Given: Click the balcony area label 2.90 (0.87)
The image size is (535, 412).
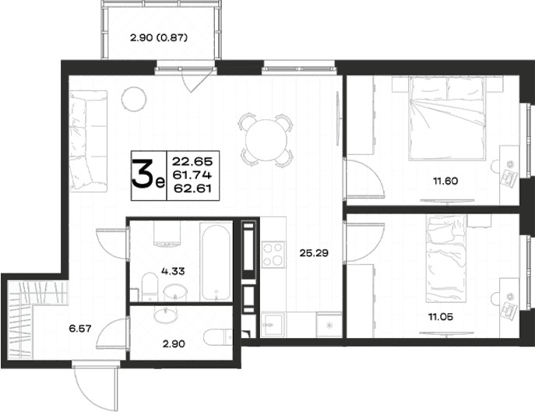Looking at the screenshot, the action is point(159,37).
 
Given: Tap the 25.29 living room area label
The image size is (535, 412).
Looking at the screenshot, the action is point(314,253).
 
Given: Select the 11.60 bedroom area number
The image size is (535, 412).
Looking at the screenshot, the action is point(445,181).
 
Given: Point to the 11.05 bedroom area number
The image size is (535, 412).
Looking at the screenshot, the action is point(441,317).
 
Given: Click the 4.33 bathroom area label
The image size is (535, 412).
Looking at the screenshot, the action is point(173,271).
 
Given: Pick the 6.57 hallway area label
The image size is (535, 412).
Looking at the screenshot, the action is point(80,329).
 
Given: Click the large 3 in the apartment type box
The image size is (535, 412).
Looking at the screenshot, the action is point(143,174).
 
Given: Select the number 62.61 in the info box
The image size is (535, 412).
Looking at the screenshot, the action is point(193,188).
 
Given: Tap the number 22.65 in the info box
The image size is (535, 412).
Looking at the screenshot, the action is point(192,161).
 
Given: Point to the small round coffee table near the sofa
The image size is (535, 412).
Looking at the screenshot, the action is point(134,98).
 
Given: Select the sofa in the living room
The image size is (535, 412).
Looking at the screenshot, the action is point(88,141).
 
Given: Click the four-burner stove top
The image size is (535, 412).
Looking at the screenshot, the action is point(273,254).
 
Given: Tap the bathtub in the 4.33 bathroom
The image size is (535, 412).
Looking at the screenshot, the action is point(216,261).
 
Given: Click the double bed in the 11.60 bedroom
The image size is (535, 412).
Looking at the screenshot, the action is point(447,118).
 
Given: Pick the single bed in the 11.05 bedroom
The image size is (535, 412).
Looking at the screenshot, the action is point(446,259).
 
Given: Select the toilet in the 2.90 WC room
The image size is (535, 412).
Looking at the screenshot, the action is point(218,337).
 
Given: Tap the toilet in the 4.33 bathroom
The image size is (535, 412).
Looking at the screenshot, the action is point(150,286).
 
